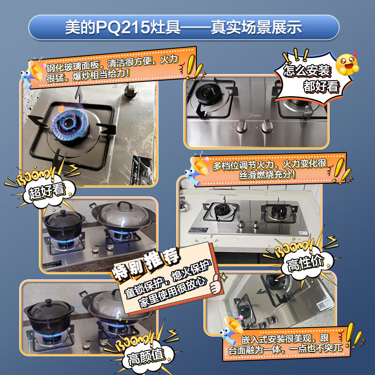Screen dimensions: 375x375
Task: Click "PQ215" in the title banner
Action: [x=119, y=27]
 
